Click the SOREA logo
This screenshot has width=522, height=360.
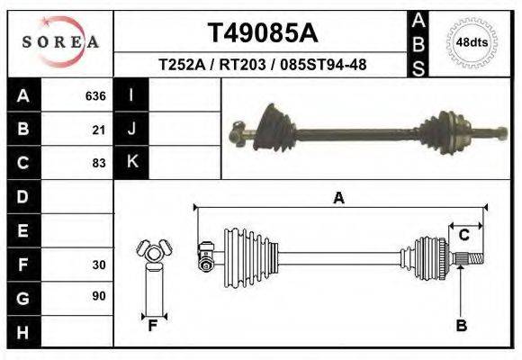point(60,42)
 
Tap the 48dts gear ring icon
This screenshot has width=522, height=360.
point(472,42)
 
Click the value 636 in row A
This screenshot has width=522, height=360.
point(95,95)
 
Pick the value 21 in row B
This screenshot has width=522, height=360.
point(99,130)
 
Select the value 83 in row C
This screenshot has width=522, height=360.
point(99,164)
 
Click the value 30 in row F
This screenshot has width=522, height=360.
point(99,265)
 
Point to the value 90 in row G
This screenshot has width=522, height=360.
point(99,296)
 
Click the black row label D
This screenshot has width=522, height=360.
point(22,196)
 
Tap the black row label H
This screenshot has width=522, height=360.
point(22,332)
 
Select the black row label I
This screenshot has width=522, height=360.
point(131,95)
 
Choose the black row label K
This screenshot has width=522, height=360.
point(131,163)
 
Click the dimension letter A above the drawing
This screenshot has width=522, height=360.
point(338,199)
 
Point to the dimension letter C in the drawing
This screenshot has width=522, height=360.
point(464,236)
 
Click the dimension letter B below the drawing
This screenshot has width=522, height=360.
point(461,326)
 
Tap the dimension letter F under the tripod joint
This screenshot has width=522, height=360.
point(152,326)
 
